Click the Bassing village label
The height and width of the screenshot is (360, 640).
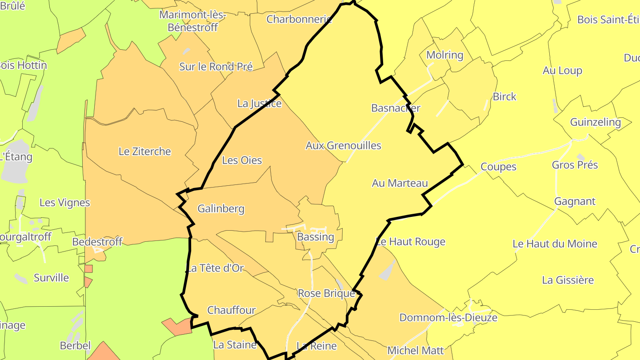pyautogui.click(x=316, y=237)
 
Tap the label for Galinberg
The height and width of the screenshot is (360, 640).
pyautogui.click(x=221, y=208)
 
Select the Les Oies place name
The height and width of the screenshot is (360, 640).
pyautogui.click(x=242, y=160)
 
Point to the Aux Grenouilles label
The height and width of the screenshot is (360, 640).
pyautogui.click(x=343, y=145)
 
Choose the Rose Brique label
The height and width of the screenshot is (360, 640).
pyautogui.click(x=326, y=293)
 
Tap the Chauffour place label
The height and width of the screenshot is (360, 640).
pyautogui.click(x=232, y=310)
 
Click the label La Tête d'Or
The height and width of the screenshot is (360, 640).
pyautogui.click(x=215, y=268)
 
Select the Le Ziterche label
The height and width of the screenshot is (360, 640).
pyautogui.click(x=144, y=152)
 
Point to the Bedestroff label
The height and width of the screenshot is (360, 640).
pyautogui.click(x=97, y=242)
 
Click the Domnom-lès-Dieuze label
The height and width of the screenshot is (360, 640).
pyautogui.click(x=448, y=318)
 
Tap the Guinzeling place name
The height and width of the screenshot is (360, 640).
pyautogui.click(x=595, y=122)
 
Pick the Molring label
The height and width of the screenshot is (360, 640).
pyautogui.click(x=444, y=55)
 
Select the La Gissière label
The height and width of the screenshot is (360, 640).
pyautogui.click(x=568, y=280)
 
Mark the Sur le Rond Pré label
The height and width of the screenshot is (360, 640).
pyautogui.click(x=216, y=67)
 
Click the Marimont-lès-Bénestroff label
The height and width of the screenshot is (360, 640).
pyautogui.click(x=192, y=21)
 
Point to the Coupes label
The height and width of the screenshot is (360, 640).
pyautogui.click(x=498, y=167)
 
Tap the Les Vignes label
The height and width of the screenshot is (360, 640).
pyautogui.click(x=64, y=203)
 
